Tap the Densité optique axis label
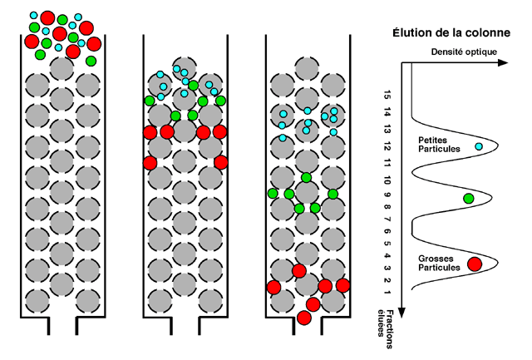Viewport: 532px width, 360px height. click(465, 52)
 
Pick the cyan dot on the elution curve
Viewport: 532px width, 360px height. click(479, 147)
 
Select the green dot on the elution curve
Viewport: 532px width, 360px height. click(469, 198)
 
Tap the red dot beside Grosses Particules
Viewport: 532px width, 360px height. click(475, 264)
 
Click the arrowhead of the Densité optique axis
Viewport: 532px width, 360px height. click(501, 62)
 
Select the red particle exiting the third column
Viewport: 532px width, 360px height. click(304, 317)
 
